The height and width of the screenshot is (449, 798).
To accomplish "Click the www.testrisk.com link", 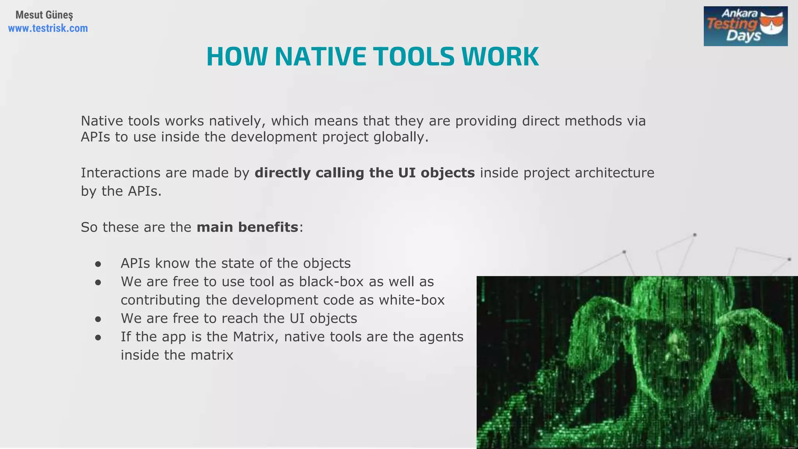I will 48,28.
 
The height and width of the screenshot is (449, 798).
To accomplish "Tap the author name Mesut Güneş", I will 44,15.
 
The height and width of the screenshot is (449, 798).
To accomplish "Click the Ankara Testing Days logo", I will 745,26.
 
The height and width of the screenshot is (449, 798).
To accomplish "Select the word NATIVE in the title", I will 320,57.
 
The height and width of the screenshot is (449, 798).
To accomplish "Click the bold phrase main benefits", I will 247,227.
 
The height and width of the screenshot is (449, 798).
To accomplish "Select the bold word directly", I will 282,173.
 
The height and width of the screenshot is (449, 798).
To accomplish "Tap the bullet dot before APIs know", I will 98,264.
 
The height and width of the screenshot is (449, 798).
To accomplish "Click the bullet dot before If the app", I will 98,338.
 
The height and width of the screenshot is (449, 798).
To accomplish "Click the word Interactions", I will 120,173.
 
